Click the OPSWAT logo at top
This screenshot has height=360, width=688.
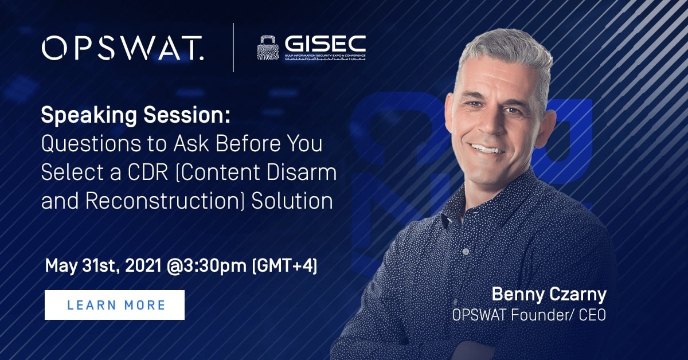(122, 48)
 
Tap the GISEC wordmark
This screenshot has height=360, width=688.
(324, 44)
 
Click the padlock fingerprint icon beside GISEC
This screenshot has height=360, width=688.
(268, 48)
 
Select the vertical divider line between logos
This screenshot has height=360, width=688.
(233, 48)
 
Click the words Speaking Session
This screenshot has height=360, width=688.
(135, 116)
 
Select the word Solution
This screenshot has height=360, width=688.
(293, 202)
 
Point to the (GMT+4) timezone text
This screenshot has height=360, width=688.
(285, 267)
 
